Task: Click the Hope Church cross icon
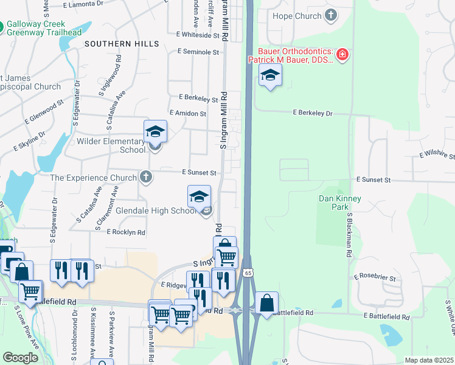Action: [330, 16]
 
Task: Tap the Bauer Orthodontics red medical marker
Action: [342, 55]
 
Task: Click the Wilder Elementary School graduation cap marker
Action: [155, 131]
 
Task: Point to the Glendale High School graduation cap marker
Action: [199, 196]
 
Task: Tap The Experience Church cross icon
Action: [145, 177]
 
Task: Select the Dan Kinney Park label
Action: [340, 203]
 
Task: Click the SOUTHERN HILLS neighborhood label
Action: [122, 44]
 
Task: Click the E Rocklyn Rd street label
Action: [126, 232]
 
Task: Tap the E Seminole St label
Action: [198, 52]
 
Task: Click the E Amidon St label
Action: [188, 113]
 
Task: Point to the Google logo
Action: [20, 358]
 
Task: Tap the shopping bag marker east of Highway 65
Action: [266, 302]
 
